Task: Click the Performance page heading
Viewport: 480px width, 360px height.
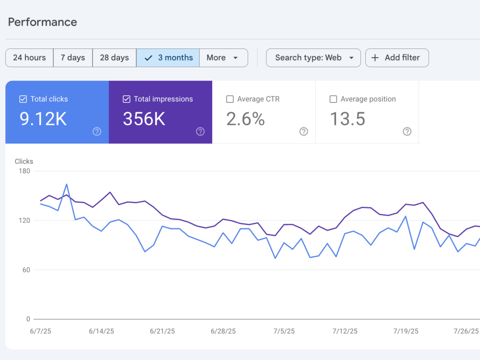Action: [x=43, y=22]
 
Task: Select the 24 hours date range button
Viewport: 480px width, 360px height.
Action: [x=29, y=58]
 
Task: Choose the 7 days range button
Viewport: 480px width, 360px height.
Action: [x=73, y=58]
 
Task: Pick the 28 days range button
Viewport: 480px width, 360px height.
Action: [x=115, y=58]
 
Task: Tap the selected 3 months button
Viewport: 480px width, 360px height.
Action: [x=168, y=58]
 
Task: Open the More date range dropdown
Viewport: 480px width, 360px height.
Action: [x=224, y=58]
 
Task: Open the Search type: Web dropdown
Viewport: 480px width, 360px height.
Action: [x=313, y=58]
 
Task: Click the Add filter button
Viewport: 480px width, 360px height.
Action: [x=397, y=58]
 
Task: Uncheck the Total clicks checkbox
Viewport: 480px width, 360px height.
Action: [x=23, y=99]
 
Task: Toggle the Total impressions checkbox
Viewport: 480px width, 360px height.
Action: [x=126, y=99]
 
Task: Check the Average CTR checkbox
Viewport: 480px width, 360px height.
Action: [x=230, y=99]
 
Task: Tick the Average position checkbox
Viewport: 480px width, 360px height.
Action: [x=334, y=99]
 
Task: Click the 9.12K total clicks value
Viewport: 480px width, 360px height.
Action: [x=43, y=119]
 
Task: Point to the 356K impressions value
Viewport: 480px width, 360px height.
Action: [x=144, y=119]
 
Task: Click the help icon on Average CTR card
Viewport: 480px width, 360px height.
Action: [x=304, y=132]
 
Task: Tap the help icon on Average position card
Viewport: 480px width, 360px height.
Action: [x=407, y=132]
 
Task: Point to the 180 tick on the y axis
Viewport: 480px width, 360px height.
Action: [x=24, y=171]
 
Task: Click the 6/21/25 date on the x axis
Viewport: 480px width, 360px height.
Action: [x=162, y=331]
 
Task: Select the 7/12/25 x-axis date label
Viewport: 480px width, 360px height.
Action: [x=345, y=331]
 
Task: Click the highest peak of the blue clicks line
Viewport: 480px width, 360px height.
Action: [x=67, y=184]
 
